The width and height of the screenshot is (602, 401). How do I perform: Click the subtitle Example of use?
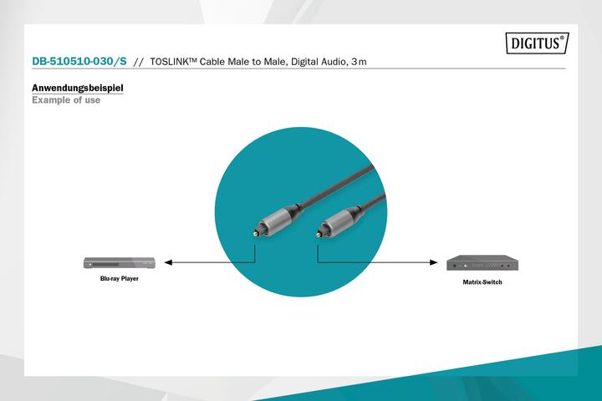tap(66, 100)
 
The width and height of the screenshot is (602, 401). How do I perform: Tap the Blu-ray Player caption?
tap(120, 278)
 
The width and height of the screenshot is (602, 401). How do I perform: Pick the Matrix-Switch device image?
tap(482, 262)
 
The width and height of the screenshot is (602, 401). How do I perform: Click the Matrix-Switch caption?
tap(482, 282)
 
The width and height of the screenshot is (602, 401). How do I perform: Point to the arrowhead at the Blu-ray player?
tap(168, 262)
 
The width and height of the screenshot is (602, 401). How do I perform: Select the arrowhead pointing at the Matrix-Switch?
tap(436, 262)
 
